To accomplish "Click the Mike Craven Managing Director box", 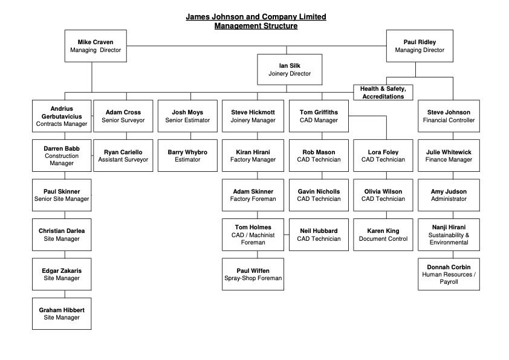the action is pos(96,46).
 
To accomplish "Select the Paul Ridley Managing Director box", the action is pos(420,46).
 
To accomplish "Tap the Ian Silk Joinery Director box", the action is pos(290,70).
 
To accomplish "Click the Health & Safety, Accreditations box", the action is pos(383,93).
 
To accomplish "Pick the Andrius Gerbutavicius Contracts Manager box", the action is pos(62,116).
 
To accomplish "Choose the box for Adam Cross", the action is pos(123,116).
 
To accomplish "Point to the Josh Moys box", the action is pos(187,116).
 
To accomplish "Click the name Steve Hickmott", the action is pos(253,112).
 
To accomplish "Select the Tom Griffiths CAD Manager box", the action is pos(319,116).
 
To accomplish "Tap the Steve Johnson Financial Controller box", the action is pos(449,116).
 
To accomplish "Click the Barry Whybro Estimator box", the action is pos(187,155).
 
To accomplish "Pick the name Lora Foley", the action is pos(383,152).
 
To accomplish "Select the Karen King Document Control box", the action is pos(383,235).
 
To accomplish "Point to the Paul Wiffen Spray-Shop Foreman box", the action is pos(253,274).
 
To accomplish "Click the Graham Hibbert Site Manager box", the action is pos(62,313).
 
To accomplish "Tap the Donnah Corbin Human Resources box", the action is pos(449,274).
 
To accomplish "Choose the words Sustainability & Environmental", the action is pos(449,239).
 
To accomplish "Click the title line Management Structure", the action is pos(256,26).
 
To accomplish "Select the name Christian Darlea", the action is pos(62,231).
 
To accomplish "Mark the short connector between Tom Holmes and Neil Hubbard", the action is pos(287,235).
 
